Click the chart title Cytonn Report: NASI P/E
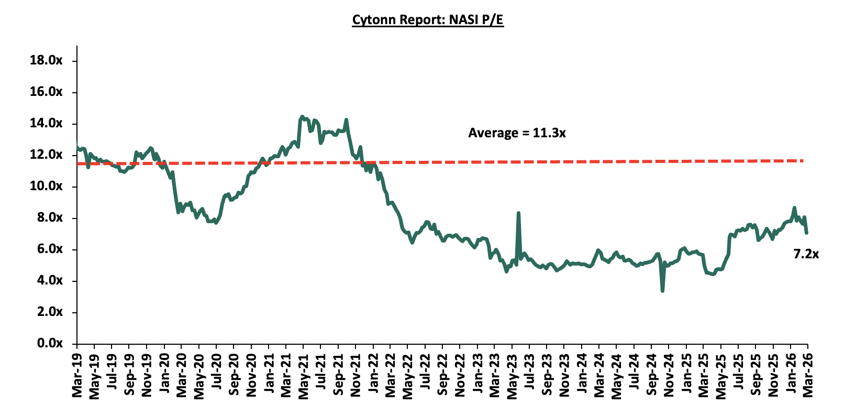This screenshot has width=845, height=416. coord(427,20)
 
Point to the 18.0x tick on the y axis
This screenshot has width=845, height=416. coord(46,60)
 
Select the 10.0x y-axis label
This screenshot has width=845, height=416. coord(46,186)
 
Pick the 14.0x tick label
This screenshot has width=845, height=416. coord(46,123)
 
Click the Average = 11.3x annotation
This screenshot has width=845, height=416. coord(517,133)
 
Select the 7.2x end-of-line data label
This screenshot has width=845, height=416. coord(806,254)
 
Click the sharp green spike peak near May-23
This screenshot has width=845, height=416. coord(518,213)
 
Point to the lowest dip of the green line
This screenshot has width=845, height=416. coord(662,291)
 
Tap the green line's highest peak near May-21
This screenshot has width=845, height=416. coord(302,116)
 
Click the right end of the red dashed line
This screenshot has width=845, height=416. coord(803,160)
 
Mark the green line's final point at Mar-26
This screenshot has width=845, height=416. coord(807,233)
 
